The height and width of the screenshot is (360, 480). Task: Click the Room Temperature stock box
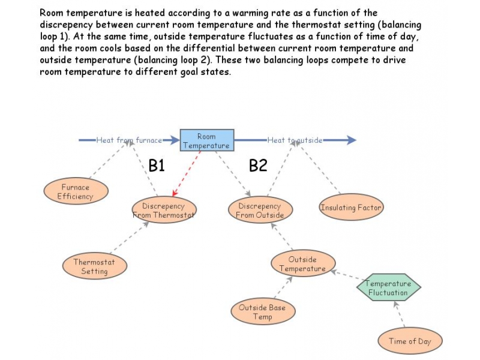[206, 140]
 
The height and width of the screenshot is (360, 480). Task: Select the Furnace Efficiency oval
[76, 191]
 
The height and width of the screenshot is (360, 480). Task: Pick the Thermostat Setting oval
[95, 266]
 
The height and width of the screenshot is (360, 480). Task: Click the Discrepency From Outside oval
[259, 211]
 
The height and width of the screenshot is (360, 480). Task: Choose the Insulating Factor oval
[350, 208]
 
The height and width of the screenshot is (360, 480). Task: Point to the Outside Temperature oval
[302, 263]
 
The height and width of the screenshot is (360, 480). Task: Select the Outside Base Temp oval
[262, 312]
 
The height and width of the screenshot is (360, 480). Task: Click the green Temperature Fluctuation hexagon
[388, 288]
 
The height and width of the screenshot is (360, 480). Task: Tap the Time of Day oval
[410, 341]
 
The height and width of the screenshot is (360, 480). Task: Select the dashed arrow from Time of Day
[400, 314]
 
